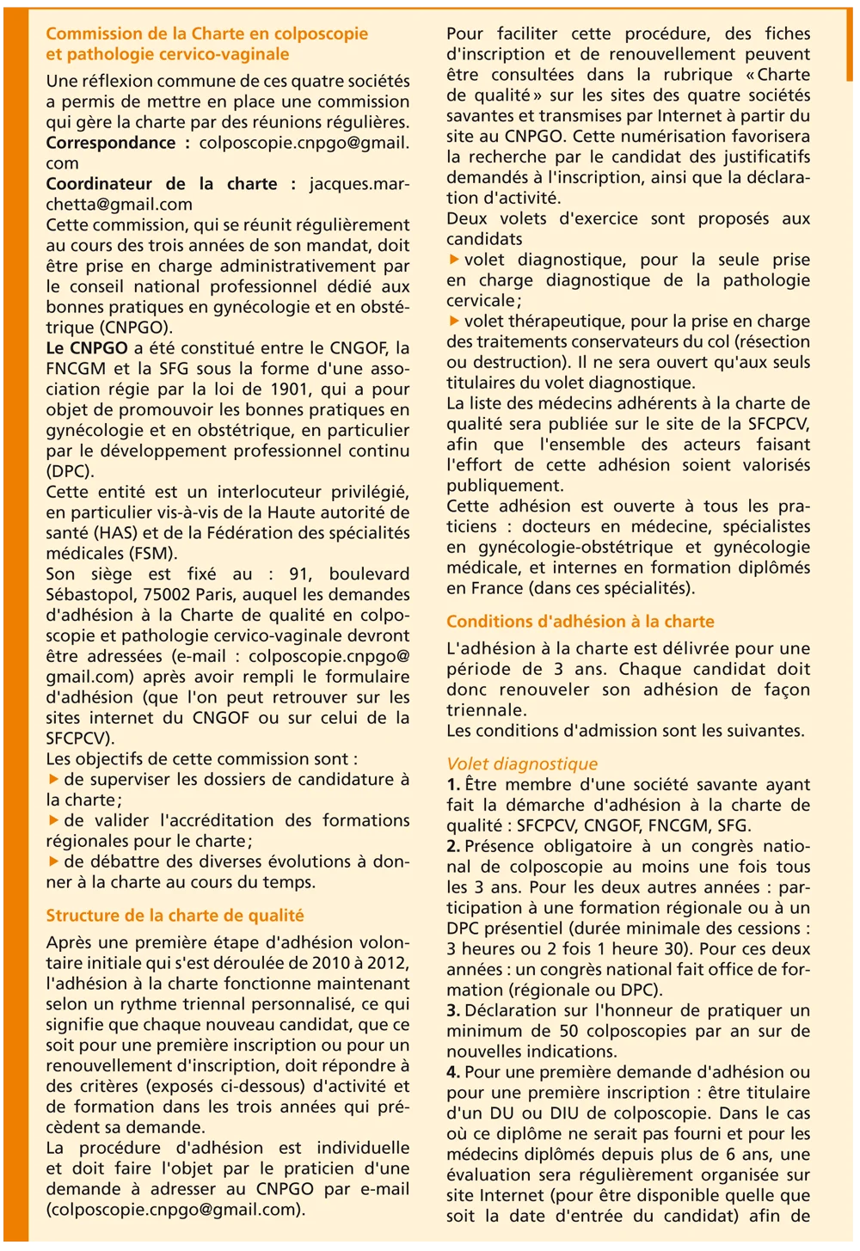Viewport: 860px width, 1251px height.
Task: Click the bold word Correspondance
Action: tap(110, 143)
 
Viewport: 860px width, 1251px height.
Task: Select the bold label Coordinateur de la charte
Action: tap(162, 184)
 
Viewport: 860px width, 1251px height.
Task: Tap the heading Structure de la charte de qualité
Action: tap(175, 916)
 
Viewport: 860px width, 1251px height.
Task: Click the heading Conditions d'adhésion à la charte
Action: tap(580, 622)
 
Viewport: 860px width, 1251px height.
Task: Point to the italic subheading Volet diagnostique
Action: tap(522, 763)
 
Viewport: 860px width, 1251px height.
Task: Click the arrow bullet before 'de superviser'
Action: tap(53, 780)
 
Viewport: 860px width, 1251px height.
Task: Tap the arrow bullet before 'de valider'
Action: tap(53, 820)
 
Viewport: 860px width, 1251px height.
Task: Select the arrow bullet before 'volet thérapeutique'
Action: tap(453, 322)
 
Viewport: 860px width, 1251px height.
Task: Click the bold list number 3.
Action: tap(453, 1010)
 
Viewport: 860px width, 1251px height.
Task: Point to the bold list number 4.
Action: tap(453, 1072)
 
